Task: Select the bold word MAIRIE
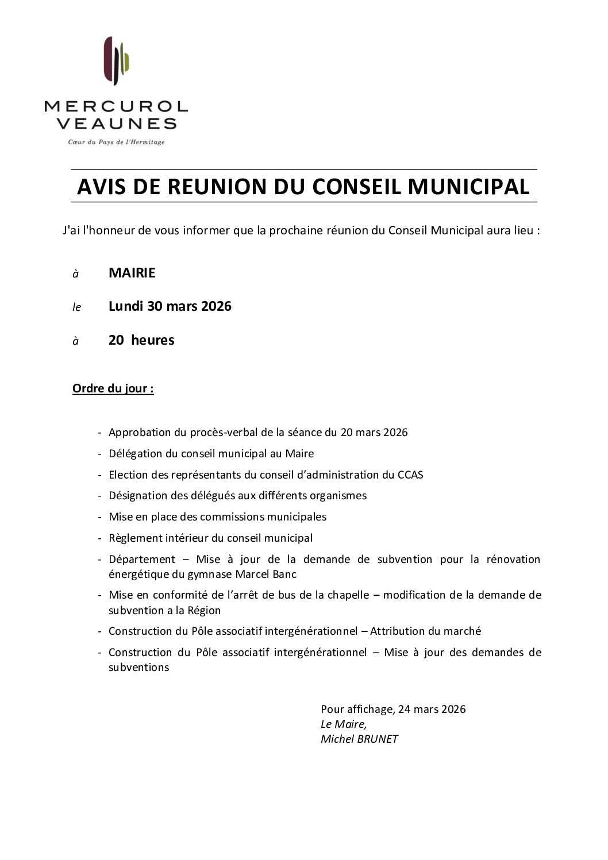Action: point(132,273)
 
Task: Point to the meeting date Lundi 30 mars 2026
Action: point(170,306)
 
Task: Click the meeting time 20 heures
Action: point(141,340)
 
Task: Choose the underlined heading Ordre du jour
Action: point(113,389)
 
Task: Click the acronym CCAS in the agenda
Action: point(410,475)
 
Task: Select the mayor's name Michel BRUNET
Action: point(359,739)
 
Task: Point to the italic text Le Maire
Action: point(343,724)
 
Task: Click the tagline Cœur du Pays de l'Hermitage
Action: point(116,142)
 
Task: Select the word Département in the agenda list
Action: point(142,559)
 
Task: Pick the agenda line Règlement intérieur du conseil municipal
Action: point(210,538)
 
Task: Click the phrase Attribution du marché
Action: point(425,631)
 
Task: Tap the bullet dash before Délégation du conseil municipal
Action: point(101,454)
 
